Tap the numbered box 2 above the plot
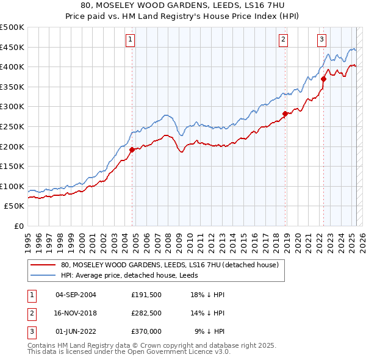coord(284,40)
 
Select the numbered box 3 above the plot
coord(321,40)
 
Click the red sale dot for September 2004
coord(132,149)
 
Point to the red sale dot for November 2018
coord(285,113)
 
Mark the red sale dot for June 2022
coord(324,78)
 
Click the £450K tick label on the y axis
coord(12,47)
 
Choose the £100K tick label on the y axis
coord(12,186)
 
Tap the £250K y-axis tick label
coord(12,126)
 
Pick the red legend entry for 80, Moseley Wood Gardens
coord(170,265)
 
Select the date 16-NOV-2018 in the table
coord(76,314)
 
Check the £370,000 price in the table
coord(146,332)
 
